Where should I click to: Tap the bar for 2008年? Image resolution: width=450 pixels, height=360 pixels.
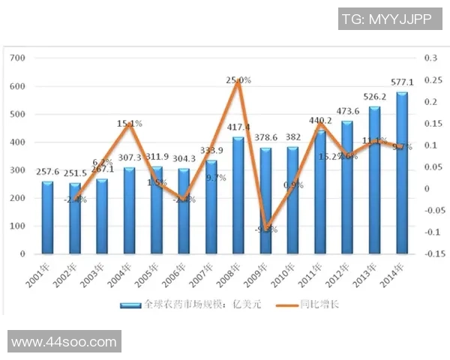pos(238,196)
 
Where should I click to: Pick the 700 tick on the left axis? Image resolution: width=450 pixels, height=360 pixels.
pos(19,58)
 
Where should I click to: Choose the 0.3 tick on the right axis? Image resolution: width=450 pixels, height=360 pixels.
pos(430,58)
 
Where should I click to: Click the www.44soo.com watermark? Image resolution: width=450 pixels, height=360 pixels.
pos(64,342)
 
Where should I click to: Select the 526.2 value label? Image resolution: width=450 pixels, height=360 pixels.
pos(382,97)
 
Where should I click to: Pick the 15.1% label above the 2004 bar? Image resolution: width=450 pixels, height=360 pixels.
pos(129,124)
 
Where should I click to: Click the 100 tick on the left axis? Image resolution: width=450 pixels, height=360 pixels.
pos(19,226)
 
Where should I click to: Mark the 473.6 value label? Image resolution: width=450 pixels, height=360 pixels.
pos(361,112)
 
